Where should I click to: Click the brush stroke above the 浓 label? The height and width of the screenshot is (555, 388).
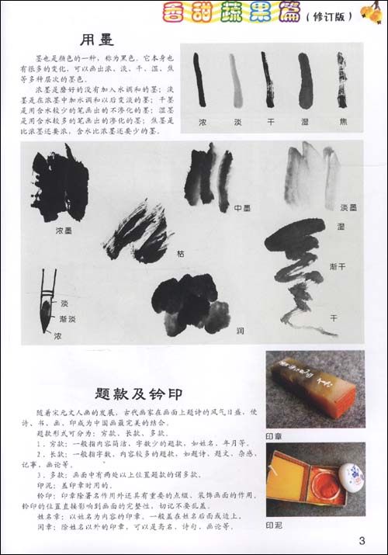pyautogui.click(x=200, y=79)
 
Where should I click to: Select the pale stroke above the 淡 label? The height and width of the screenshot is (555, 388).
pyautogui.click(x=234, y=79)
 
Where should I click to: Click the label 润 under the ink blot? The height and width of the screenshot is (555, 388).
pyautogui.click(x=241, y=330)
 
